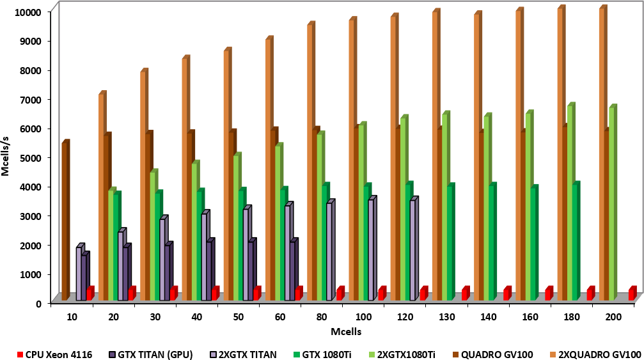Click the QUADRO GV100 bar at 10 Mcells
pyautogui.click(x=65, y=221)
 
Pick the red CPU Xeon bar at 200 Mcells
pyautogui.click(x=632, y=294)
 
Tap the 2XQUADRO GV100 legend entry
pyautogui.click(x=599, y=336)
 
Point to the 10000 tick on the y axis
pyautogui.click(x=28, y=12)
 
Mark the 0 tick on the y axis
pyautogui.click(x=38, y=303)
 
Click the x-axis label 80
pyautogui.click(x=321, y=315)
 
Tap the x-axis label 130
pyautogui.click(x=446, y=315)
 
